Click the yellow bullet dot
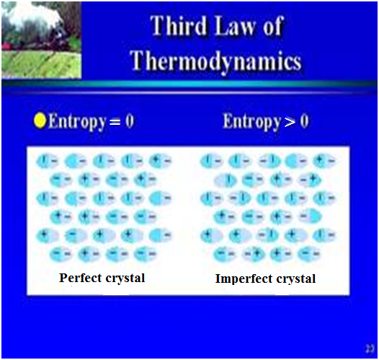40,121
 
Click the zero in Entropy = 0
129,121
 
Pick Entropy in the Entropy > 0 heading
249,121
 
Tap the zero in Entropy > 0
304,121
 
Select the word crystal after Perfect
123,278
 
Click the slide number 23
369,348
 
